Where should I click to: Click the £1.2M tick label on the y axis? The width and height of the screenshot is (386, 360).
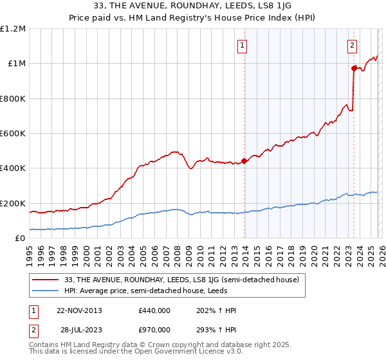[x=13, y=29]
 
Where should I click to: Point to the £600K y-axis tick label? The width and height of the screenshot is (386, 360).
[x=13, y=134]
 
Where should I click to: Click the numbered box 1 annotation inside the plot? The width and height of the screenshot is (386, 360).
[x=243, y=45]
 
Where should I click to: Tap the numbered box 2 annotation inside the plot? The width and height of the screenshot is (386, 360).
[x=353, y=45]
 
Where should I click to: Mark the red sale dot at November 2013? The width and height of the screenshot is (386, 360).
[x=244, y=161]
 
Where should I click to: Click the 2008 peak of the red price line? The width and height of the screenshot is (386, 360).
[x=174, y=152]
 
